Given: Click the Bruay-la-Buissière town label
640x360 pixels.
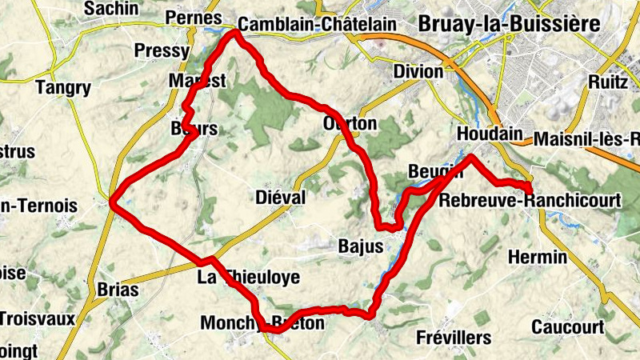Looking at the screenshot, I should click(509, 24).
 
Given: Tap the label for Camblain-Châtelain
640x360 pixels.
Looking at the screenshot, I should click(317, 25).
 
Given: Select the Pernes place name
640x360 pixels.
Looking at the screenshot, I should click(192, 18).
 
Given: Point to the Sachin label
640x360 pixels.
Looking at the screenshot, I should click(111, 9).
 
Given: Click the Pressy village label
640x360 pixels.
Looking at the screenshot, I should click(162, 51).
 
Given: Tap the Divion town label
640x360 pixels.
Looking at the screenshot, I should click(418, 72).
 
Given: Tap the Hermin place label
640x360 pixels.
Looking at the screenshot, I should click(537, 258).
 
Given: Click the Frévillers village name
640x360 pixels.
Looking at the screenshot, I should click(454, 338).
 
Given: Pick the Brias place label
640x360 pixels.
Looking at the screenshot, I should click(117, 290).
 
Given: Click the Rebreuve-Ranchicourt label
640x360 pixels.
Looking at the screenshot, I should click(530, 201).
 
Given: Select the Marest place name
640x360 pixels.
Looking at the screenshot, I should click(198, 81).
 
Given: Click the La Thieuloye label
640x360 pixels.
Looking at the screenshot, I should click(248, 278).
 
